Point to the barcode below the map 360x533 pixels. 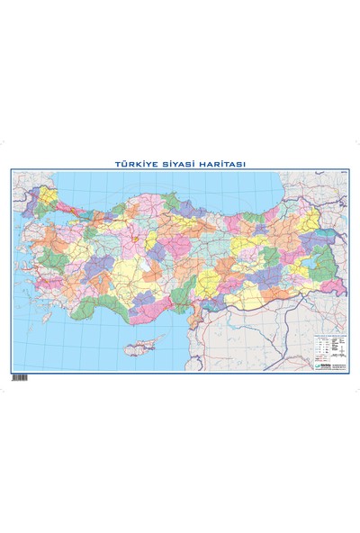(19, 377)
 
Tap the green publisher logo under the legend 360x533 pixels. (321, 365)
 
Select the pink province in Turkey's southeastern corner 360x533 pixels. (333, 286)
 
